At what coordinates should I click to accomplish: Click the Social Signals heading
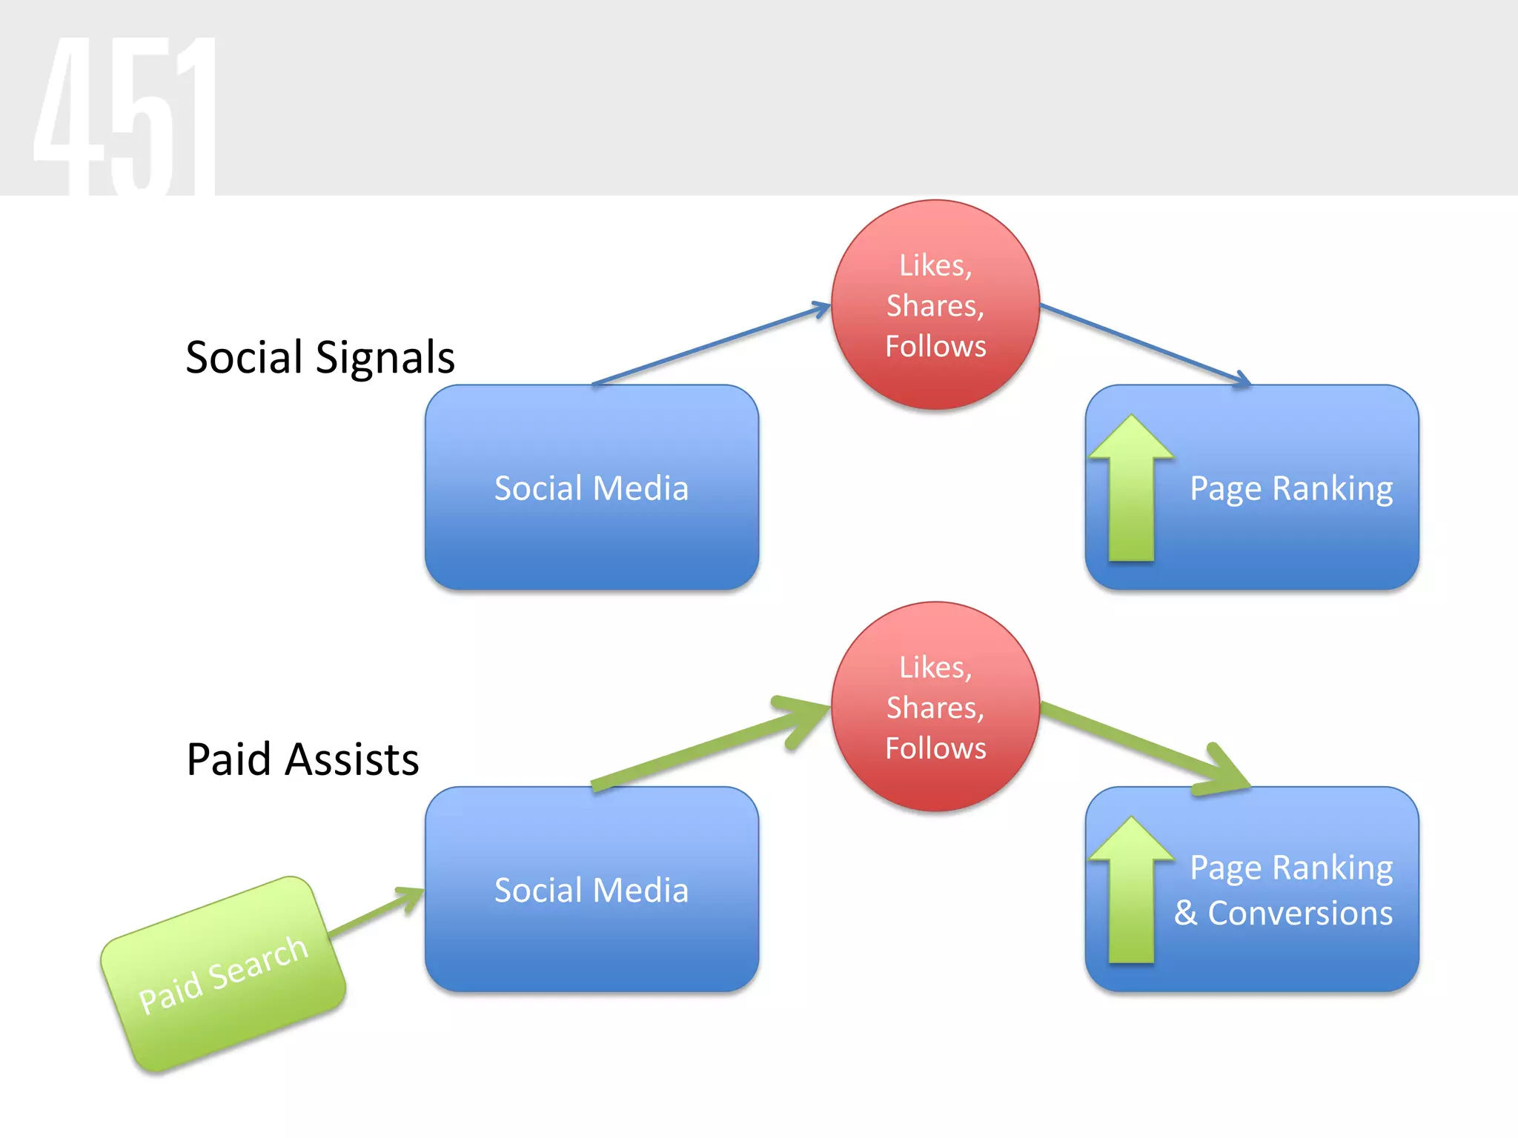(319, 357)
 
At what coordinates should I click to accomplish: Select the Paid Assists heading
(302, 759)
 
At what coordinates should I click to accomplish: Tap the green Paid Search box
(223, 974)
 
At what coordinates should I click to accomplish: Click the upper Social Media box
(591, 519)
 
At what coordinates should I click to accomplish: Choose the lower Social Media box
(591, 926)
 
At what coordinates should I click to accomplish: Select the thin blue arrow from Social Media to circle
(712, 345)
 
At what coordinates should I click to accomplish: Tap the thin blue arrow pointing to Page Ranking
(1145, 345)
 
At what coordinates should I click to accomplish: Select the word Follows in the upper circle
(935, 346)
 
